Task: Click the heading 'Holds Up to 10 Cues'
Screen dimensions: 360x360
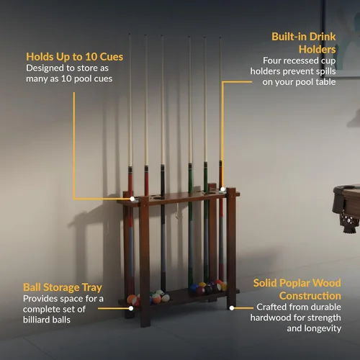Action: (75, 57)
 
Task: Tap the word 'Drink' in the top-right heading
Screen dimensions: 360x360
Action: (323, 37)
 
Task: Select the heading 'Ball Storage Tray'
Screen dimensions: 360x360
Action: (63, 287)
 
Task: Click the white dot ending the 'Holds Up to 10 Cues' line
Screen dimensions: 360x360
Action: (132, 199)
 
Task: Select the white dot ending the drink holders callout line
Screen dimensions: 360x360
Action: (222, 189)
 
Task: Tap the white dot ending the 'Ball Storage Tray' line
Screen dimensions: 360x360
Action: (131, 308)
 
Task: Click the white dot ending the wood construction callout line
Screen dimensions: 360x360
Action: (232, 308)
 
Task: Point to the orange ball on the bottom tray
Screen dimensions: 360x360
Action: (131, 300)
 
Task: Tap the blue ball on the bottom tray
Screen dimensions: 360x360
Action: (194, 287)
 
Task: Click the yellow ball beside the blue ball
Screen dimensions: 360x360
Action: (202, 284)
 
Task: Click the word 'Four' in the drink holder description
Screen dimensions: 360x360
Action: (271, 60)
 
